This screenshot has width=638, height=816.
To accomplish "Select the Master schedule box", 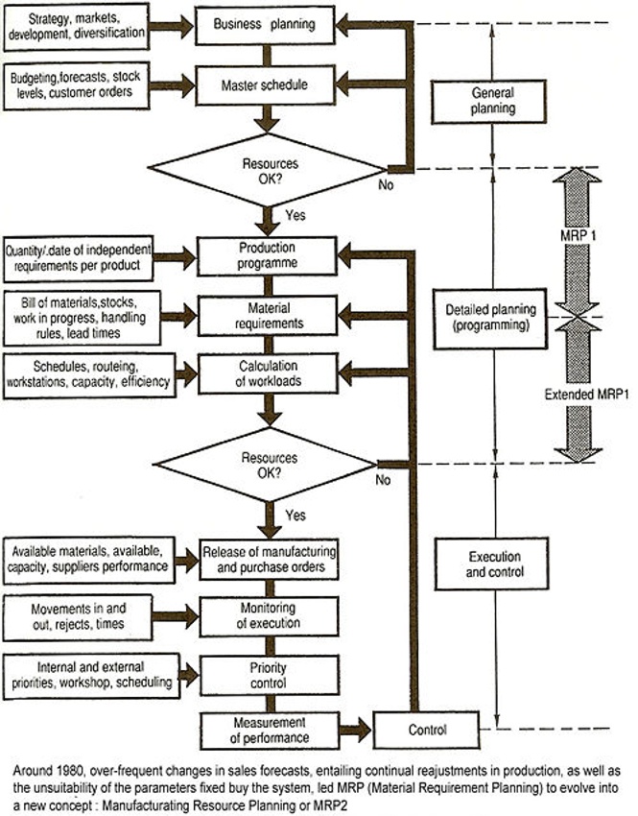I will pos(266,84).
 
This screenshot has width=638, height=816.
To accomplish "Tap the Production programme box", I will pos(266,256).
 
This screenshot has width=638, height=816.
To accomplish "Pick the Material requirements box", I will pos(266,315).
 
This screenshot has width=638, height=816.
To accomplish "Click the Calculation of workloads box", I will pos(266,372).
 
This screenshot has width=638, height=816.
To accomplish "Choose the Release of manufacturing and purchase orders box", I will pos(269,557).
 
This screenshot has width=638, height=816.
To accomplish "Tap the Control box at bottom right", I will pos(427,730).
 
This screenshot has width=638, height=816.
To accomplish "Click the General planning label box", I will pos(493,101).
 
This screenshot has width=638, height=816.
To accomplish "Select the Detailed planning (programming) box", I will pos(493,317).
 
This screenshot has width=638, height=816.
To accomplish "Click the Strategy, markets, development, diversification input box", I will pos(77,26).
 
